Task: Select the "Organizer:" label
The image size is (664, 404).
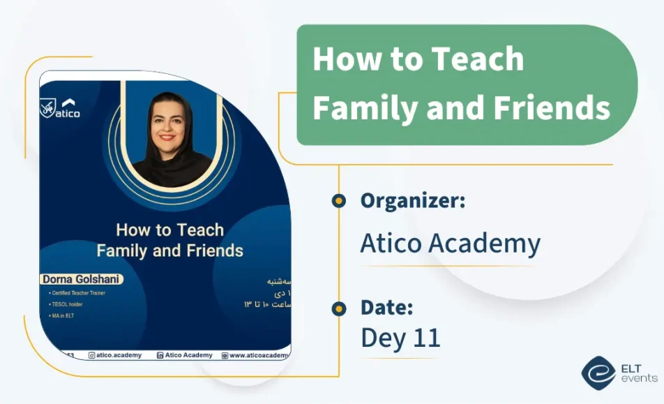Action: [413, 201]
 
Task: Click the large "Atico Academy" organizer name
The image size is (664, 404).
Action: [450, 244]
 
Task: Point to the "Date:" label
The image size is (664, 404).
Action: [387, 307]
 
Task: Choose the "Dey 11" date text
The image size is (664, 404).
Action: [400, 338]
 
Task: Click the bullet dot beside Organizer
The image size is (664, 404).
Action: [339, 201]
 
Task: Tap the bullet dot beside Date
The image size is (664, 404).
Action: [339, 308]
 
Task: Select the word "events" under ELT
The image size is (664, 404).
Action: [639, 378]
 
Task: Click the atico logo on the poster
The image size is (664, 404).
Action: [60, 109]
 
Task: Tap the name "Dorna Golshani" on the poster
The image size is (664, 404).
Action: [82, 279]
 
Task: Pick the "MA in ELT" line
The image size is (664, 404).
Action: [62, 316]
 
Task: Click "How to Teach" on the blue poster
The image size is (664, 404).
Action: [169, 230]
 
